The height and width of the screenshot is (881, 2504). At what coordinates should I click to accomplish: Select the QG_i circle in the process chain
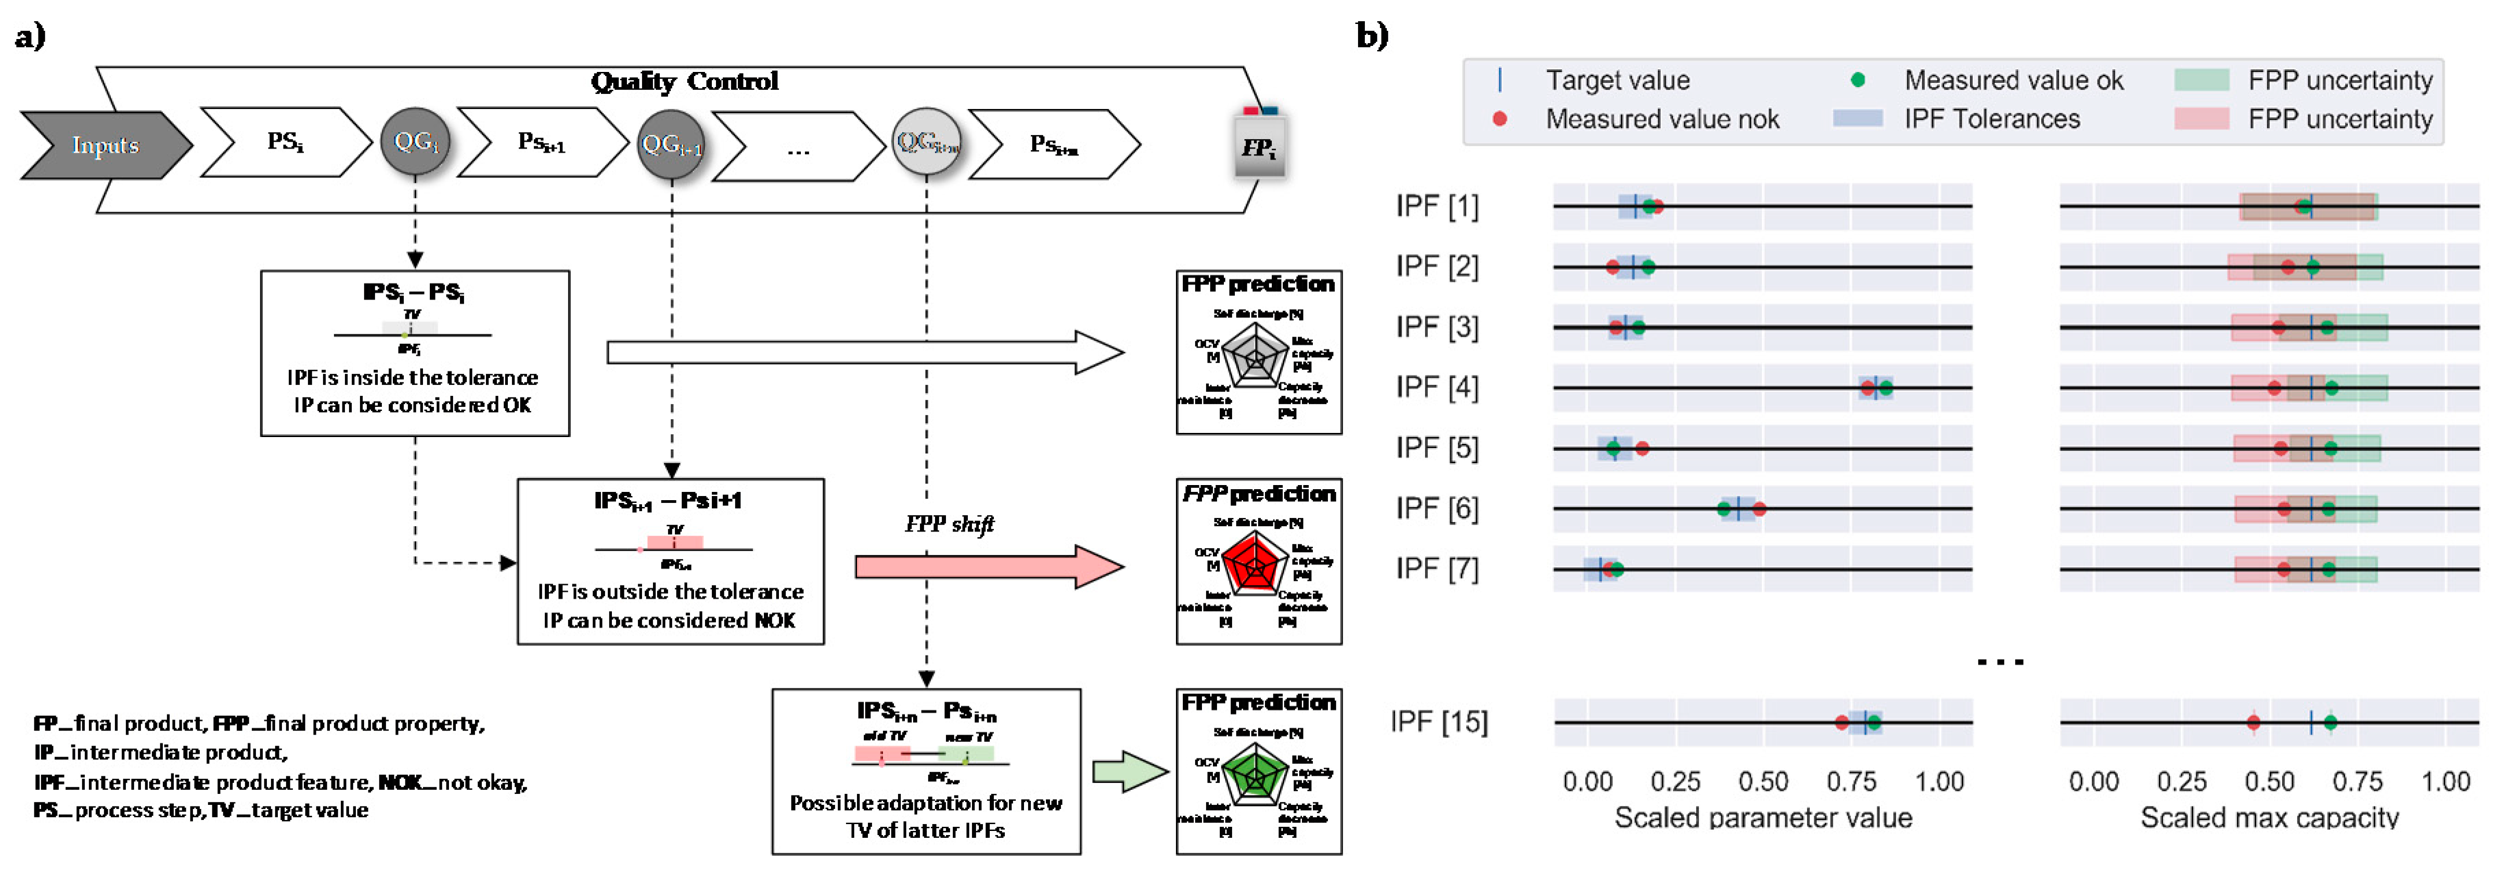(415, 142)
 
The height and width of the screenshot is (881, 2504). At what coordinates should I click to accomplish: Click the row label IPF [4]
(1437, 387)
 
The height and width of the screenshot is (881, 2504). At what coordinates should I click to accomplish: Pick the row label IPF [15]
(1439, 723)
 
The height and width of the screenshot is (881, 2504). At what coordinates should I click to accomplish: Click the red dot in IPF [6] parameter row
(1759, 508)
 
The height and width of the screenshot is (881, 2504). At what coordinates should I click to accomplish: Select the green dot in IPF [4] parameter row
(1886, 388)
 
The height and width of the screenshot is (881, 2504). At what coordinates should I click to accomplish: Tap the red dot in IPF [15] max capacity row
(2253, 723)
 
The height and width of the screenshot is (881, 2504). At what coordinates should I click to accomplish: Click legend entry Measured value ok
(2012, 81)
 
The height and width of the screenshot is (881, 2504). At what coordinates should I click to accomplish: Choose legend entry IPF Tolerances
(1991, 120)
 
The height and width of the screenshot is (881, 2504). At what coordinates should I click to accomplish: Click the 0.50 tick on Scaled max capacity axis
(2270, 782)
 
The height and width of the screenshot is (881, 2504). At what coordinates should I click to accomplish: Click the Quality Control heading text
(685, 82)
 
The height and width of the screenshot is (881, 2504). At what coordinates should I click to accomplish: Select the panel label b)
(1372, 36)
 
